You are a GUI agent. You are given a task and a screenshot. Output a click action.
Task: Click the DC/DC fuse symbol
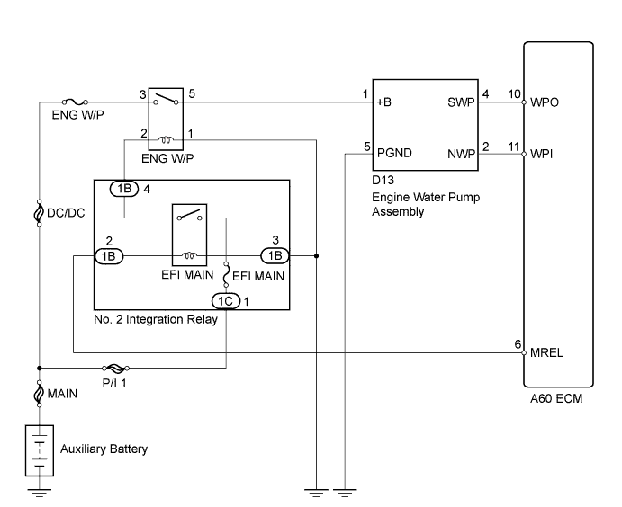pos(39,213)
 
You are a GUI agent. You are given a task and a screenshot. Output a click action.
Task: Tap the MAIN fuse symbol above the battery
pos(39,394)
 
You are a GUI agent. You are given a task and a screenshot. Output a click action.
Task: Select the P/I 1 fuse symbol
pos(115,369)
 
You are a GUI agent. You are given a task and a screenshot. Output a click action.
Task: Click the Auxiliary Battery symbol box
pos(40,450)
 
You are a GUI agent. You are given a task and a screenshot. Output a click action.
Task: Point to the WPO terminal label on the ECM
pos(545,102)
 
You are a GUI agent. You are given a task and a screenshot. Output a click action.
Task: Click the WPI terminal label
pos(541,154)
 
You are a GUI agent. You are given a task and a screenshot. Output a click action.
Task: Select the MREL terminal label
pos(546,352)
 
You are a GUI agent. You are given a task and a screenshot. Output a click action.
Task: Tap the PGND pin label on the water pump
pos(394,153)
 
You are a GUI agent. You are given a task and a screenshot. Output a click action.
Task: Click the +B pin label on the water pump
pos(383,102)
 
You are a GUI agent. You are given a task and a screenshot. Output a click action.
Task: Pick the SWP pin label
pos(461,102)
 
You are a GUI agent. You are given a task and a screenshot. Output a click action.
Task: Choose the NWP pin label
pos(462,154)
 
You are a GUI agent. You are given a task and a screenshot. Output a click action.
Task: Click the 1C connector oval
pos(226,301)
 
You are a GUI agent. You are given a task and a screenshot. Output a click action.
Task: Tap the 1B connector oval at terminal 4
pos(124,189)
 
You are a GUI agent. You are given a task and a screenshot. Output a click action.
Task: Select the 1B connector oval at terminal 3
pos(275,256)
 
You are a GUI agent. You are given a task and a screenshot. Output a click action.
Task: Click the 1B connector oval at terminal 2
pos(109,256)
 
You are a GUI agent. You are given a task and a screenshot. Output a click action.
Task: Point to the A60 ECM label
pos(556,398)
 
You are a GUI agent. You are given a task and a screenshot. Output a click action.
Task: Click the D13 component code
pos(383,180)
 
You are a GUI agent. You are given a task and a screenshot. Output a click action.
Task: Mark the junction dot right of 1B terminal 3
pos(316,256)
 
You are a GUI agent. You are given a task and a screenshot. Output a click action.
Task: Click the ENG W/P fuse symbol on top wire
pos(76,102)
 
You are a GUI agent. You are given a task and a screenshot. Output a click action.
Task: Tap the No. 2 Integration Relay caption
pos(156,319)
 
